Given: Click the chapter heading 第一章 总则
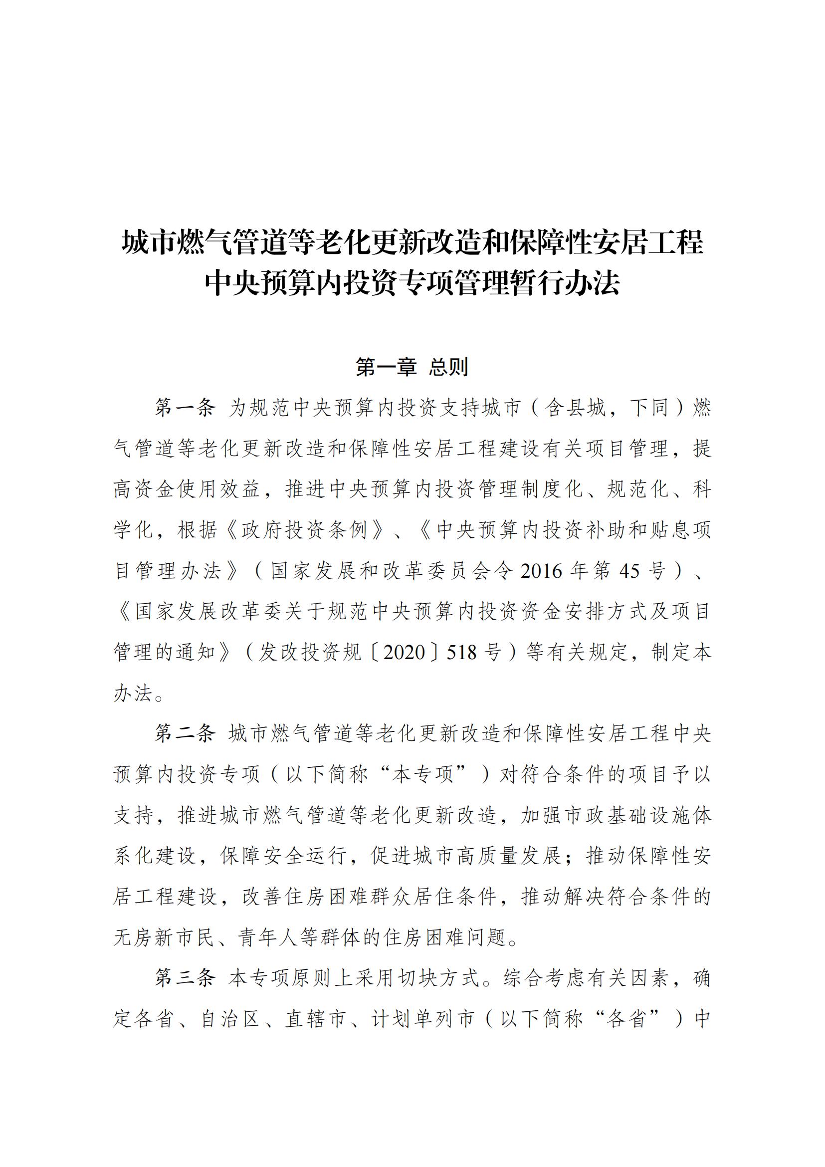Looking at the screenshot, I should tap(412, 367).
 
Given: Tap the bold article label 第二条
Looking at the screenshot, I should tap(185, 733).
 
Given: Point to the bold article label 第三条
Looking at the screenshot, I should tap(185, 977).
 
